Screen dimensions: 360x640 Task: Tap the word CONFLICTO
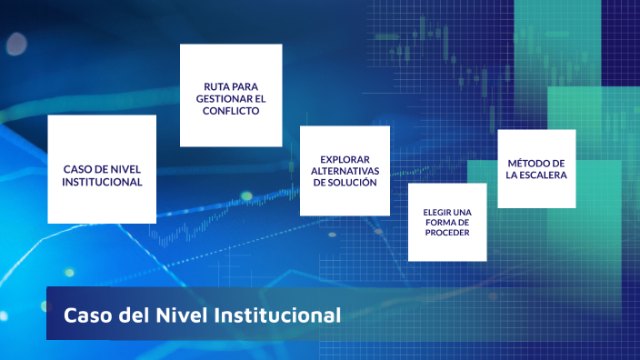coord(231,111)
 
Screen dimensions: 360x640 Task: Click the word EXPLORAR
coord(345,158)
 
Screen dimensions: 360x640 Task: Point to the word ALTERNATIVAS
coord(345,170)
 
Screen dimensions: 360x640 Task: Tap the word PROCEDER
coord(446,233)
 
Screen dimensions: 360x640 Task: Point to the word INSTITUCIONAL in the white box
coord(102,181)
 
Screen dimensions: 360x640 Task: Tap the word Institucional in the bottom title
coord(277,315)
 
